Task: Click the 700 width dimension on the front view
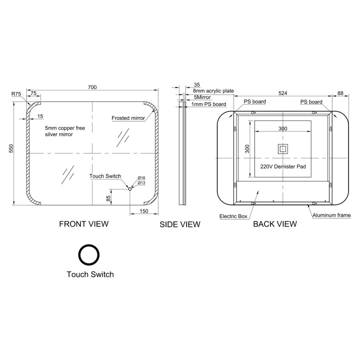coord(92,87)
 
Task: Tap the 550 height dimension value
coord(11,148)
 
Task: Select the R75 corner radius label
coord(16,94)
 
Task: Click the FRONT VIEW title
coord(84,224)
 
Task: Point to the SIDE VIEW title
coord(180,224)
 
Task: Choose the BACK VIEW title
coord(275,224)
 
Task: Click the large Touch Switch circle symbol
coord(89,255)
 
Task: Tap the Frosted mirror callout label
coord(128,118)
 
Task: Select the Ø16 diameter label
coord(141,177)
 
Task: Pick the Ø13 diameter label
coord(141,183)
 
